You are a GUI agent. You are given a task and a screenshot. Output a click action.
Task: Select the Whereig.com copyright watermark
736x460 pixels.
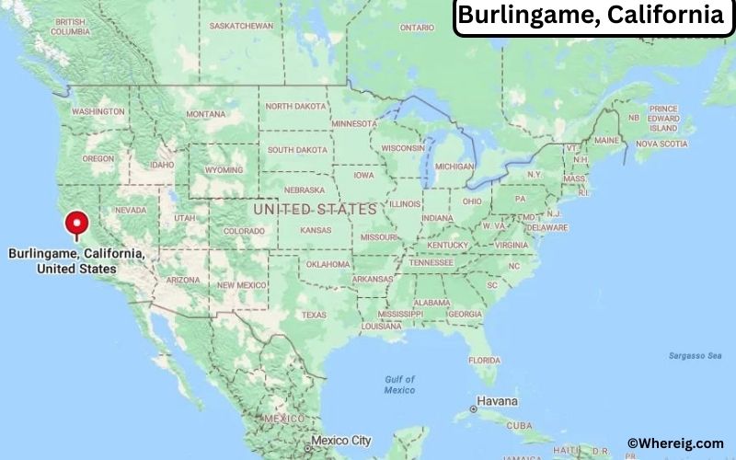675,443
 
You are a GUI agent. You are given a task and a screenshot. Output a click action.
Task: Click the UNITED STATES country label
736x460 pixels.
316,210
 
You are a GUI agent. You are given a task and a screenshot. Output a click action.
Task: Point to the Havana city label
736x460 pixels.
498,402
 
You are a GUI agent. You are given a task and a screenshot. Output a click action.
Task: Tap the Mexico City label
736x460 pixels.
340,441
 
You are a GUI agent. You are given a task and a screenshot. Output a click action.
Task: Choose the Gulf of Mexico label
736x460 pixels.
399,385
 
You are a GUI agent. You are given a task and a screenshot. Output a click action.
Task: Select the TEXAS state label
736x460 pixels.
314,315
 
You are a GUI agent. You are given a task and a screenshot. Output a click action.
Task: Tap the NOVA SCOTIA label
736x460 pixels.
661,144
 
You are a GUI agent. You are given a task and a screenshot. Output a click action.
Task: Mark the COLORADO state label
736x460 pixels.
243,231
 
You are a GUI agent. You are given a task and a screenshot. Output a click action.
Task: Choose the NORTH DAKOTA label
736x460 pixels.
296,107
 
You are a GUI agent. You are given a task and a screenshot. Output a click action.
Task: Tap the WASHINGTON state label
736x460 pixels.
98,111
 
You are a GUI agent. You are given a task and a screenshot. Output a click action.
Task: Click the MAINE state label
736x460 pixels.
606,140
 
